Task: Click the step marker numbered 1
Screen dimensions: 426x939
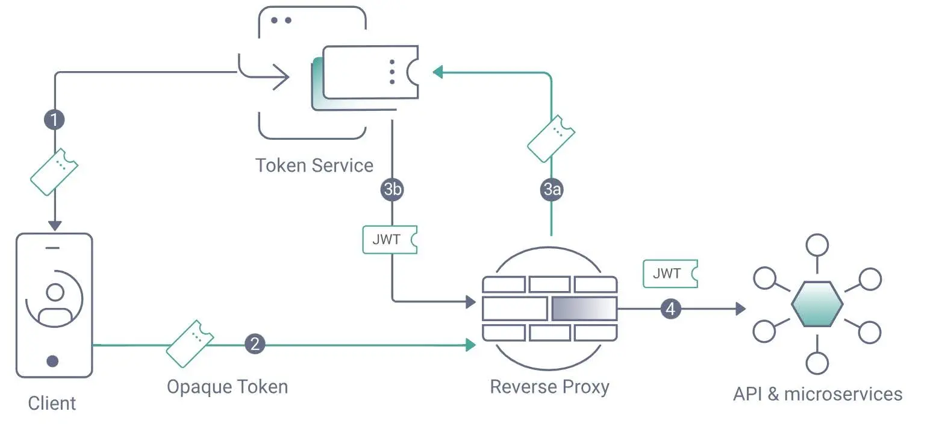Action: point(54,119)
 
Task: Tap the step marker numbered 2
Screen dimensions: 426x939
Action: point(255,344)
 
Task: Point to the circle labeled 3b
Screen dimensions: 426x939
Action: point(392,189)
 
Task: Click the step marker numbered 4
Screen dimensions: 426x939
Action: point(671,309)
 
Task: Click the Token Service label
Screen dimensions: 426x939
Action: point(314,165)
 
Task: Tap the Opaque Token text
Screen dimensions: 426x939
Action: point(227,386)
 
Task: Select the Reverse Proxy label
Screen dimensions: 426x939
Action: point(549,386)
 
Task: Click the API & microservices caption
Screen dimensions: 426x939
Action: point(817,394)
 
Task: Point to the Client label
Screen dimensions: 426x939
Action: point(52,403)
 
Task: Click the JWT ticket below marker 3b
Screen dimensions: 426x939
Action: point(389,239)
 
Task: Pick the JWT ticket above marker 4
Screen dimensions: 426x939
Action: point(670,274)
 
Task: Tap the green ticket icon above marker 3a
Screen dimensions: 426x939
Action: point(551,138)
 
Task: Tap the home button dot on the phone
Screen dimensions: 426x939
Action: point(53,361)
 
